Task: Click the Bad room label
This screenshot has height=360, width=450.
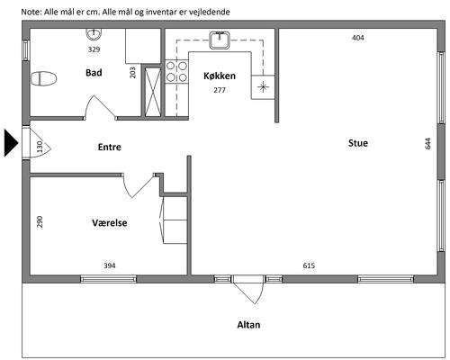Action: click(94, 73)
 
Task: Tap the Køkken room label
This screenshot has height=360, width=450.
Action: click(220, 76)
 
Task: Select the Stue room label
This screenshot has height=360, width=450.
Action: click(358, 143)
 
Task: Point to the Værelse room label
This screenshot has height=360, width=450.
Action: click(110, 222)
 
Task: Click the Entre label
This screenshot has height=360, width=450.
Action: click(110, 147)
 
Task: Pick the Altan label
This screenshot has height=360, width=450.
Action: click(248, 325)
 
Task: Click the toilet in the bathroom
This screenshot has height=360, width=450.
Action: click(44, 79)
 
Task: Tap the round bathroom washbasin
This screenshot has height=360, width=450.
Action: click(94, 34)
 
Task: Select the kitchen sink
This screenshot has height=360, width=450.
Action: click(220, 40)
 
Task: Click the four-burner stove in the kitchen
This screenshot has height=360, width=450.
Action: click(176, 72)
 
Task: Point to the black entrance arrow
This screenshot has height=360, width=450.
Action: click(12, 143)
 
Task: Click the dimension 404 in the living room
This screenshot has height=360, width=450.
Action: click(358, 38)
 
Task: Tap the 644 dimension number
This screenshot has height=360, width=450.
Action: click(427, 143)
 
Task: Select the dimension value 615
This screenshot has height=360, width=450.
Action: click(309, 265)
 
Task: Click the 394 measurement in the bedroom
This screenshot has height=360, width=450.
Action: click(110, 265)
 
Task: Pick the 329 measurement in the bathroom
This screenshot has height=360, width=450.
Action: click(94, 49)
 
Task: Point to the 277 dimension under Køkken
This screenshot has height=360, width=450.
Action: click(220, 90)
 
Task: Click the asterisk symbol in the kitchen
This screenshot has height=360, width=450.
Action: click(263, 87)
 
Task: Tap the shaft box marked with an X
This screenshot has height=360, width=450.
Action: click(153, 92)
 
